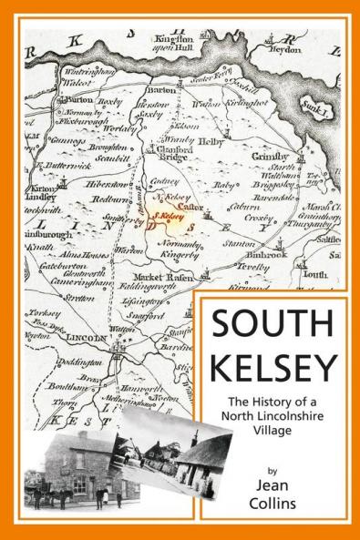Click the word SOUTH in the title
(273, 324)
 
